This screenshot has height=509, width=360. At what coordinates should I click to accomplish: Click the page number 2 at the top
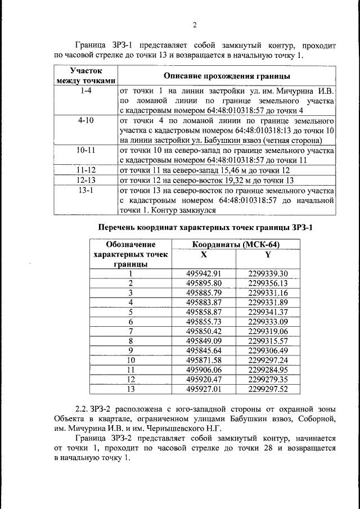(x=194, y=25)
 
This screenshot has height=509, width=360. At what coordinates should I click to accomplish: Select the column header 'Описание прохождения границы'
(x=227, y=75)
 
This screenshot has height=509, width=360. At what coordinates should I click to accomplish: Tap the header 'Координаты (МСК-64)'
(x=236, y=245)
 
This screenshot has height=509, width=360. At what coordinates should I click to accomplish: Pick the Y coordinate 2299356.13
(x=268, y=283)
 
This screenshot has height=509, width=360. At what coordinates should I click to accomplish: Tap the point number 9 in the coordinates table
(x=130, y=350)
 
